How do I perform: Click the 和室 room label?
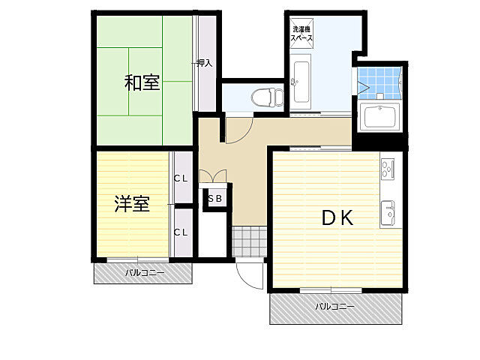142,82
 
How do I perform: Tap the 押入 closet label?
204,64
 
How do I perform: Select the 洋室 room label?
132,203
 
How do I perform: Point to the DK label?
337,217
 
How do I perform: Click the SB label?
214,199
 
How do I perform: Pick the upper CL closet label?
181,178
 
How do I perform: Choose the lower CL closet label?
181,232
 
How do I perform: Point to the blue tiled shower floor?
378,82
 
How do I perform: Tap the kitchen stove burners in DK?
388,169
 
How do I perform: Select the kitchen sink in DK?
388,213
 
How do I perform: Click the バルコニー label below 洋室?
144,273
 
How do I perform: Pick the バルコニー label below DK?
334,306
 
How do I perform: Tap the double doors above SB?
215,178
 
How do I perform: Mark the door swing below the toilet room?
238,129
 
